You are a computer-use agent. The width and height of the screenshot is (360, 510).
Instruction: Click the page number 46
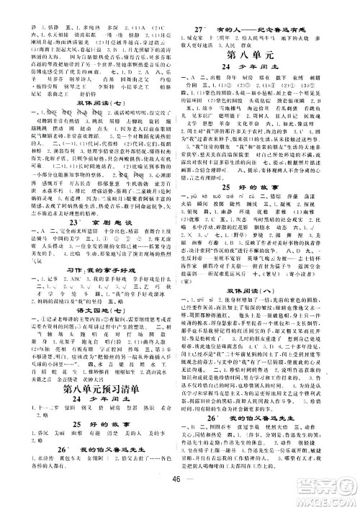180,496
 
